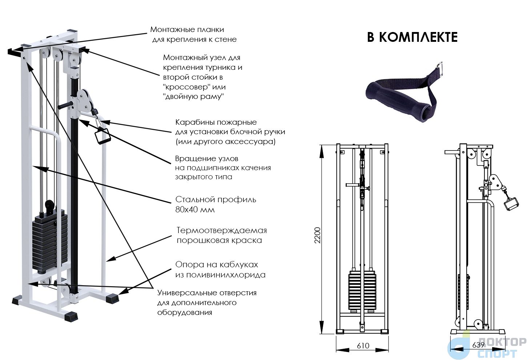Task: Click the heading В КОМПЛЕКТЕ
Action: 412,37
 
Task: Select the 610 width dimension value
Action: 363,346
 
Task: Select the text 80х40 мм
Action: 195,210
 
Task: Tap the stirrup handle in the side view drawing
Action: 511,203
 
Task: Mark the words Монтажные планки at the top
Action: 187,29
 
